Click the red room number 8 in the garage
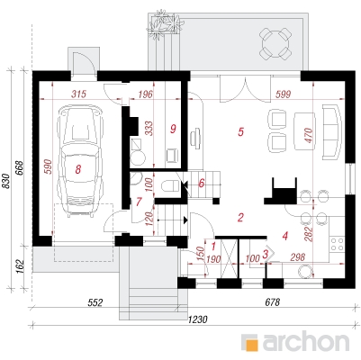pyautogui.click(x=78, y=169)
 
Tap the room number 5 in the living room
pyautogui.click(x=240, y=131)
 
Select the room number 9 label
pyautogui.click(x=173, y=129)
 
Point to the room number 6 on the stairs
pyautogui.click(x=202, y=183)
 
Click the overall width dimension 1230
pyautogui.click(x=198, y=319)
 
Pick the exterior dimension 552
pyautogui.click(x=95, y=302)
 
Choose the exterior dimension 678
pyautogui.click(x=273, y=302)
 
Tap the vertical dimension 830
pyautogui.click(x=6, y=181)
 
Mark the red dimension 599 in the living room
pyautogui.click(x=284, y=94)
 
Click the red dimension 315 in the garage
pyautogui.click(x=79, y=94)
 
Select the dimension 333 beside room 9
pyautogui.click(x=149, y=129)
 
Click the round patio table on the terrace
pyautogui.click(x=275, y=43)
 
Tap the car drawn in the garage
pyautogui.click(x=81, y=160)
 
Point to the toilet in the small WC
pyautogui.click(x=170, y=186)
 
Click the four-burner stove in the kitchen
pyautogui.click(x=337, y=244)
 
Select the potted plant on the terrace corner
pyautogui.click(x=164, y=24)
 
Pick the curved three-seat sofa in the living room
pyautogui.click(x=332, y=132)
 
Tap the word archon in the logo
pyautogui.click(x=306, y=341)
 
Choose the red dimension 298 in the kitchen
pyautogui.click(x=298, y=257)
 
